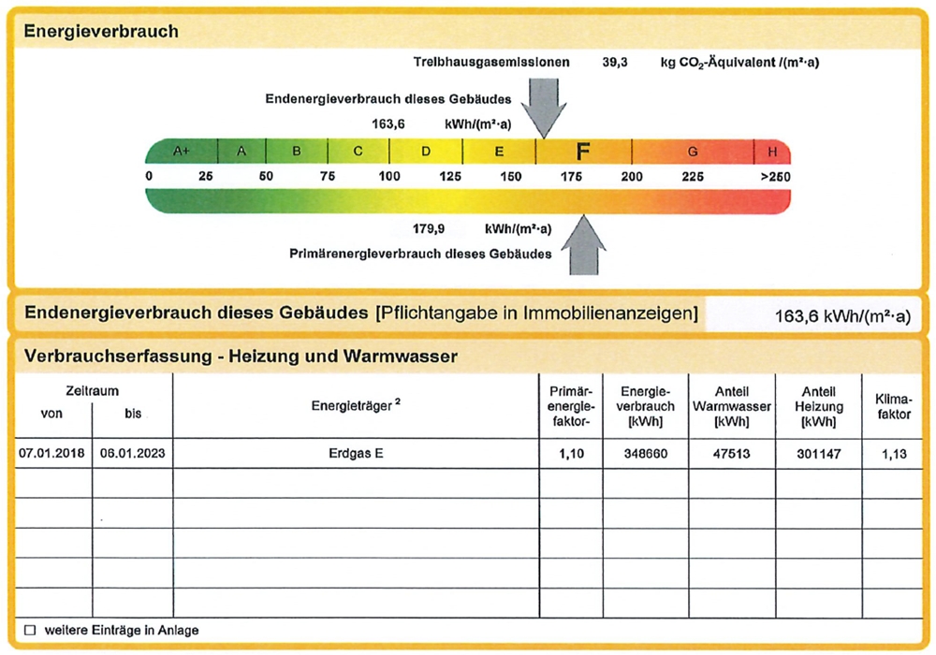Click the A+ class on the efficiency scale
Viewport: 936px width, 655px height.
(182, 152)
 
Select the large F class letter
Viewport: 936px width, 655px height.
(582, 152)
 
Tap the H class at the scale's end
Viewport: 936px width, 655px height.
(772, 152)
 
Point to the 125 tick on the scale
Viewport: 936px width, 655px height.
(450, 177)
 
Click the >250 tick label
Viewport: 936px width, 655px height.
(775, 177)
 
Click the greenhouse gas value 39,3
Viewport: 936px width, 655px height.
(615, 63)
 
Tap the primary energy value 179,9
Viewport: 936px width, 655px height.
(429, 228)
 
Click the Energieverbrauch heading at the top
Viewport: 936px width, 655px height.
(101, 31)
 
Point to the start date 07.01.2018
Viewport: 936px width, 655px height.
(51, 453)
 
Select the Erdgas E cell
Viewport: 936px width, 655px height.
(356, 453)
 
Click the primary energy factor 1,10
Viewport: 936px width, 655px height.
(569, 453)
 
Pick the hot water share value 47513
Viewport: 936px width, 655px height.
(731, 453)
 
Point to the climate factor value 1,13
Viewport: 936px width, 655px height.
(896, 453)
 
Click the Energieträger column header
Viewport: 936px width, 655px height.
(356, 406)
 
